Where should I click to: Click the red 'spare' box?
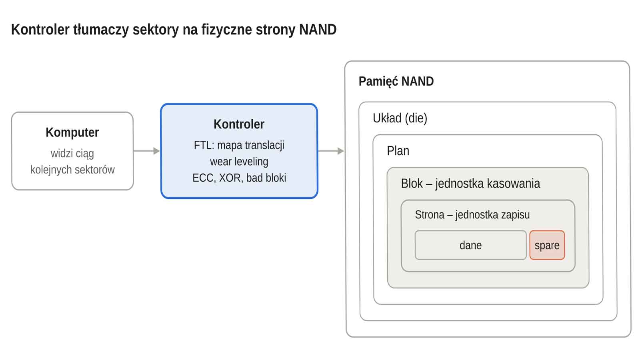click(x=547, y=245)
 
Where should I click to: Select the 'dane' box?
click(x=470, y=245)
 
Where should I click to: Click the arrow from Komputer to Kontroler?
click(x=146, y=151)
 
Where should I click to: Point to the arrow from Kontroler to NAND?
click(x=331, y=151)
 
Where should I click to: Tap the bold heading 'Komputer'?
click(x=72, y=132)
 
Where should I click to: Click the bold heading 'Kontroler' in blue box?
click(x=239, y=124)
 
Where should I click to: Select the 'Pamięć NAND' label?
click(x=396, y=82)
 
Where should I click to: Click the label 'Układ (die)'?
click(x=400, y=118)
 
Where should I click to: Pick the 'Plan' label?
click(x=398, y=151)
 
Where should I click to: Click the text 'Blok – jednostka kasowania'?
click(x=470, y=184)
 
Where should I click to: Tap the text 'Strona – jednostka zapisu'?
click(x=472, y=215)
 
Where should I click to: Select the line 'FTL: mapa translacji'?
click(x=239, y=145)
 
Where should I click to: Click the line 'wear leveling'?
click(x=239, y=162)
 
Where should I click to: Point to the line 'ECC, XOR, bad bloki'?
click(x=239, y=178)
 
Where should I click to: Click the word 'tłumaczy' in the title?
click(x=101, y=30)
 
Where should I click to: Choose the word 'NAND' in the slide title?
click(x=318, y=30)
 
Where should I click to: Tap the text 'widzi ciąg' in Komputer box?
click(x=72, y=154)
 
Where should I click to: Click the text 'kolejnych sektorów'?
click(x=72, y=170)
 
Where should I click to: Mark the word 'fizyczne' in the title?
click(x=226, y=30)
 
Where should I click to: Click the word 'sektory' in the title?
click(x=156, y=30)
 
